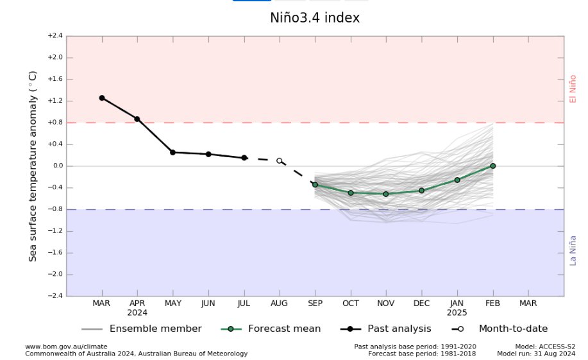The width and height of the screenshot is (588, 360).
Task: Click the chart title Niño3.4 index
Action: tap(315, 18)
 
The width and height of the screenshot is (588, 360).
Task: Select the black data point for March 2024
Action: tap(101, 98)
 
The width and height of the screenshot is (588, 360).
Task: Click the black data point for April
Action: tap(137, 119)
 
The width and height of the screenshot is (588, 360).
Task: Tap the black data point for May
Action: tap(172, 152)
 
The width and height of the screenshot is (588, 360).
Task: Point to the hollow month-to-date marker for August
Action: tap(280, 160)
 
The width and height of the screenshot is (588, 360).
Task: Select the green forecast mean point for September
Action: tap(315, 185)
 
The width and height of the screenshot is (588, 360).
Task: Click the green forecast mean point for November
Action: tap(386, 194)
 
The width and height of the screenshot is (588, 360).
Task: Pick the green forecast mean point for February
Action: tap(492, 166)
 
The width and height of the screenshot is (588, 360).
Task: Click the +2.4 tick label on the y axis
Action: tap(55, 36)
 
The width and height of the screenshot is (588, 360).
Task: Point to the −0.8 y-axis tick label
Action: tap(55, 209)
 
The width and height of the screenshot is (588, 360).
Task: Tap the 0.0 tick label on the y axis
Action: tap(56, 166)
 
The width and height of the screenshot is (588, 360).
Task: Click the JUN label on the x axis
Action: tap(208, 303)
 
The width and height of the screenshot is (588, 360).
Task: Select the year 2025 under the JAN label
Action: tap(457, 313)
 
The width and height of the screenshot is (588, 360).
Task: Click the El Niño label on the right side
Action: tap(573, 89)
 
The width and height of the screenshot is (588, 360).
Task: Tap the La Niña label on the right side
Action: tap(573, 249)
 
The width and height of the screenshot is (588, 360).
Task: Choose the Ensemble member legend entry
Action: tap(155, 329)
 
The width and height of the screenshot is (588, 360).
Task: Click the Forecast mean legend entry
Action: tap(284, 329)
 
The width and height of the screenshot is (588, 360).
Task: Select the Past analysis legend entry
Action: tap(399, 329)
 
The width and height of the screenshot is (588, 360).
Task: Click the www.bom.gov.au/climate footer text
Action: tap(66, 347)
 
